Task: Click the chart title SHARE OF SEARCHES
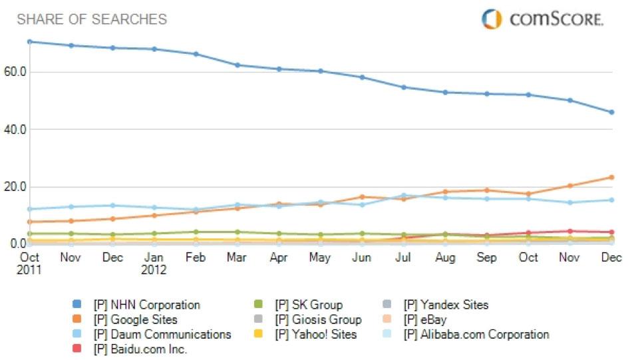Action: (92, 19)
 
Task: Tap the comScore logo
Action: (542, 19)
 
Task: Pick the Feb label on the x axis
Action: (196, 258)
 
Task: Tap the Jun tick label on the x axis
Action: (362, 258)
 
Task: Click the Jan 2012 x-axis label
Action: (154, 264)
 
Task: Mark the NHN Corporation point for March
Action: (238, 65)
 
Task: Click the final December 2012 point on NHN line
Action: (611, 112)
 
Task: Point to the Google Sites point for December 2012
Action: (611, 177)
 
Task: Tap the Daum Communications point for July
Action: (404, 196)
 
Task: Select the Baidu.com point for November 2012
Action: (570, 231)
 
